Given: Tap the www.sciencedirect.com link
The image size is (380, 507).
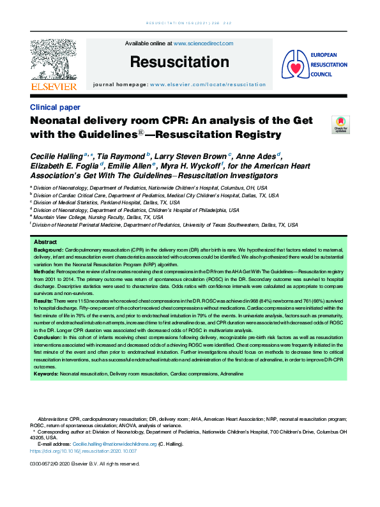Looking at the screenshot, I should [x=203, y=43].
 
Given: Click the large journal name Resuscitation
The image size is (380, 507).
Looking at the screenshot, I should [x=179, y=62].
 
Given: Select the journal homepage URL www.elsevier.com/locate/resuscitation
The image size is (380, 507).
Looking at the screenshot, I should [x=208, y=84].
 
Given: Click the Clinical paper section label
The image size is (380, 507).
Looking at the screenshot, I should [x=55, y=107].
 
